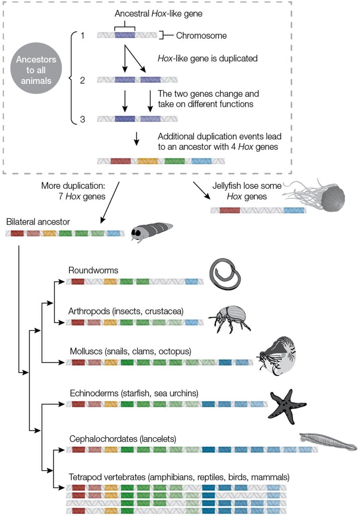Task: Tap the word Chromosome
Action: (x=201, y=35)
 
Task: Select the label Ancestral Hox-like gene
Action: (x=158, y=14)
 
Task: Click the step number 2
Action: (x=82, y=80)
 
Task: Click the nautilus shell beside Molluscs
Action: (x=278, y=357)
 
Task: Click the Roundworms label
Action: (x=93, y=270)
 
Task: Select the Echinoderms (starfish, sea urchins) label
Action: (x=134, y=393)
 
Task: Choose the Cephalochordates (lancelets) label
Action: (x=123, y=438)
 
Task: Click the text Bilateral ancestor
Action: (x=38, y=222)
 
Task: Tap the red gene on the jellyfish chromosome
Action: (x=230, y=210)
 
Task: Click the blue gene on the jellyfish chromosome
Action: (x=293, y=210)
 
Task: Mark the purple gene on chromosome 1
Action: (x=125, y=35)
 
